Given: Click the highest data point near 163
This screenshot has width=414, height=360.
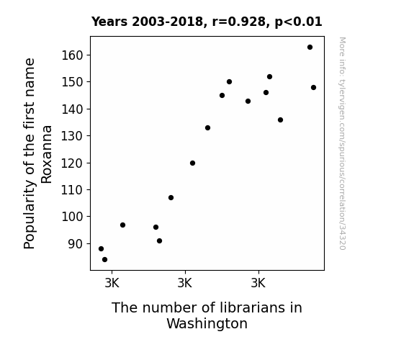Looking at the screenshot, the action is tap(310, 48).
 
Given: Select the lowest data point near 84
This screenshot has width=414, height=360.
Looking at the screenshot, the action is tap(105, 260).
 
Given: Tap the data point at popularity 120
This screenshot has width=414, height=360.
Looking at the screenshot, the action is tap(192, 163).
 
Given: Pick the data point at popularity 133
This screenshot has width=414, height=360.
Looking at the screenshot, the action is tap(207, 128).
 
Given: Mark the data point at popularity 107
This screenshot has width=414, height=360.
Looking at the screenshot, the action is tap(171, 197).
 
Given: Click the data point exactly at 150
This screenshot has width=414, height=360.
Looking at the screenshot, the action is tap(229, 82).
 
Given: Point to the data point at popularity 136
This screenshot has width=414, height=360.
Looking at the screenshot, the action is tap(280, 120).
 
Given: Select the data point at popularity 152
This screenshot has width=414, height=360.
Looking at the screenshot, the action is tap(269, 77).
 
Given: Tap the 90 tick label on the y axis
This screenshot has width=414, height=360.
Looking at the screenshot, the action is tap(76, 244).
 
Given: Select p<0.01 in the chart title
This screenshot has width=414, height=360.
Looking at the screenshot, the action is tap(299, 22).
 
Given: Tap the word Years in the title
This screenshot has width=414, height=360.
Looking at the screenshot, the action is tap(109, 22).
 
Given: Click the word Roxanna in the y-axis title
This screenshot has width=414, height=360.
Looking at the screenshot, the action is tap(47, 155).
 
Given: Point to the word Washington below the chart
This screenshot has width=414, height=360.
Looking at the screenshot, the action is tap(207, 324).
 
